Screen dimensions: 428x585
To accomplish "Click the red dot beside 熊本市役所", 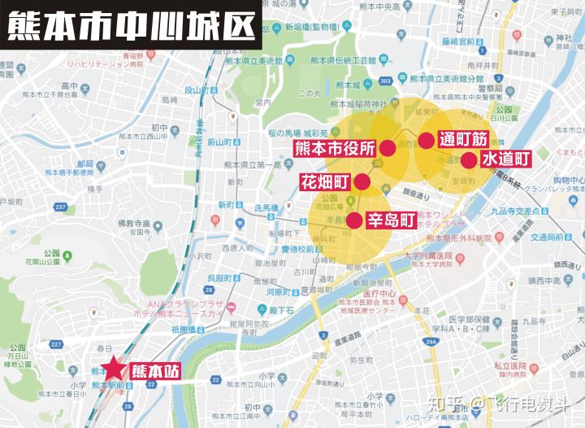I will tap(388, 148).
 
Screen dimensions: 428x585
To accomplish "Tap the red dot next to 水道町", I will tap(469, 159).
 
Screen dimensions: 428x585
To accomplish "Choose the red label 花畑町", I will tap(325, 181).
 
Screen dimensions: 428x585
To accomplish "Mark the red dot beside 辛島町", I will tap(353, 220).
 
